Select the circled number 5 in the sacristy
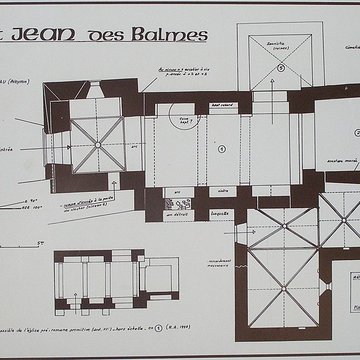[x=283, y=68]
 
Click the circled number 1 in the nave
[x=221, y=148]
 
